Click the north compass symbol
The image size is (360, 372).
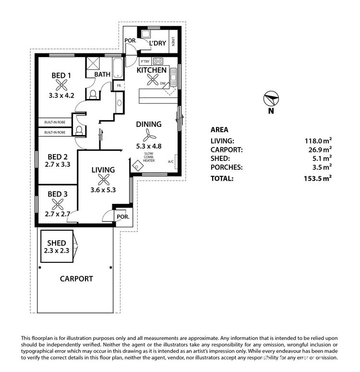pyautogui.click(x=271, y=99)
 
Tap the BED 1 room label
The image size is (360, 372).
pyautogui.click(x=61, y=75)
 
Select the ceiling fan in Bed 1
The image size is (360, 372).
pyautogui.click(x=61, y=85)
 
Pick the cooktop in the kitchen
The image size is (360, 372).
pyautogui.click(x=158, y=62)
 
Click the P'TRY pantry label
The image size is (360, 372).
pyautogui.click(x=145, y=62)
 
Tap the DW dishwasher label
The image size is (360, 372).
pyautogui.click(x=163, y=83)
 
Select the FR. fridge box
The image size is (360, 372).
pyautogui.click(x=118, y=86)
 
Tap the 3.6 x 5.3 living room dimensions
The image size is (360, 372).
pyautogui.click(x=103, y=190)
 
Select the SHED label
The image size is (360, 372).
pyautogui.click(x=57, y=243)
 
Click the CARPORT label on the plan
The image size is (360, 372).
pyautogui.click(x=76, y=279)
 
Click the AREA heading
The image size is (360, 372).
pyautogui.click(x=219, y=129)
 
